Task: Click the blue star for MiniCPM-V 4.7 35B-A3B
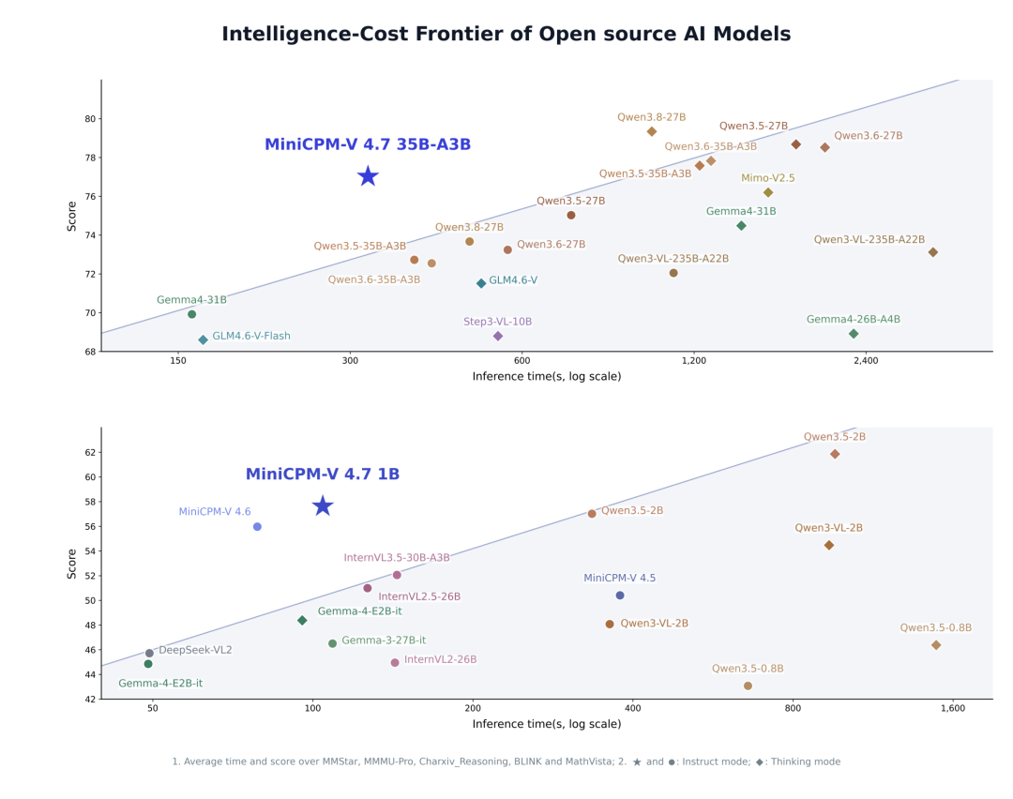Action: point(368,175)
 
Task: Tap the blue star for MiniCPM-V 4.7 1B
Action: point(323,505)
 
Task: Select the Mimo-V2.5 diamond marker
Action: point(768,192)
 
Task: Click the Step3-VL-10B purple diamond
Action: point(497,336)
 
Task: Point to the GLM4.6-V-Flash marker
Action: point(203,339)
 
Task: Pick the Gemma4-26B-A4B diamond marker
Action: point(854,334)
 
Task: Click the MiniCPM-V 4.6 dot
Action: point(257,527)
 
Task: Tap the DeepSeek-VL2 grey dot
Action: point(149,653)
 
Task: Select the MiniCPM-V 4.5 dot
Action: point(620,595)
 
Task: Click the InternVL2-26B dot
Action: point(395,663)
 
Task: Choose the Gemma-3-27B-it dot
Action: point(332,643)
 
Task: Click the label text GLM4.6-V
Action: point(513,280)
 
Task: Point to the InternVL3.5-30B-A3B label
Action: point(397,557)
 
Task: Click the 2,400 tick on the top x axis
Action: point(866,360)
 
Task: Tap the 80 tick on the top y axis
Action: point(89,119)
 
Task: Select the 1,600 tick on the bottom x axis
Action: point(952,708)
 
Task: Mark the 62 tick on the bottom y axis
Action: point(89,452)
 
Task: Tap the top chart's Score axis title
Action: point(71,217)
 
